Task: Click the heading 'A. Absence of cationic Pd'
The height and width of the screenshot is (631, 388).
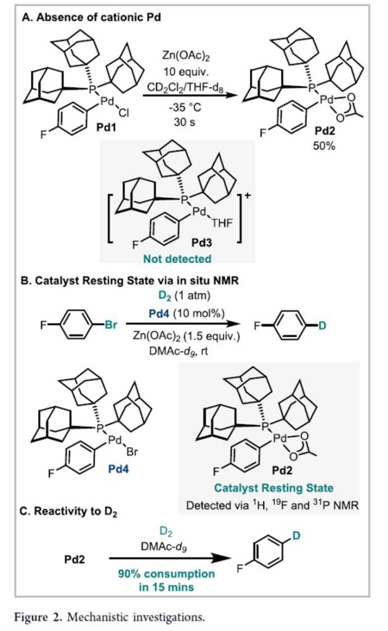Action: click(91, 18)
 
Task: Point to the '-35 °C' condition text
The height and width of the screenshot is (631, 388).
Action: click(180, 105)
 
